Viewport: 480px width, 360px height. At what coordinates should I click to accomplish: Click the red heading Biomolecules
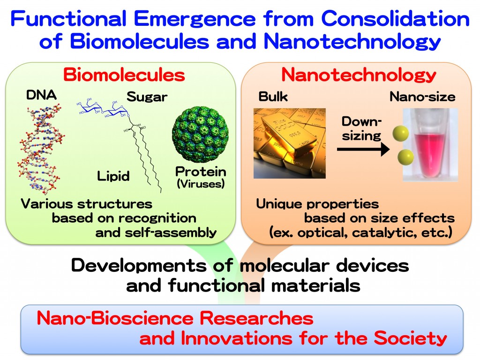click(x=124, y=75)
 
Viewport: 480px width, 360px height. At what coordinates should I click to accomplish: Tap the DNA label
click(x=41, y=95)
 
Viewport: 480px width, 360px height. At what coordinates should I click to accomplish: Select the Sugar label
click(x=147, y=97)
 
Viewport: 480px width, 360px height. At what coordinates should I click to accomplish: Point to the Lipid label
click(x=113, y=176)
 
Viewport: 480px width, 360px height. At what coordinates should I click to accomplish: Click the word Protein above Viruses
click(x=201, y=172)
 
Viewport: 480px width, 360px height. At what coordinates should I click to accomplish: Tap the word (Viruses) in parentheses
click(x=201, y=184)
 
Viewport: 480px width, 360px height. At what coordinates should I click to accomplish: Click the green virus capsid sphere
click(x=201, y=134)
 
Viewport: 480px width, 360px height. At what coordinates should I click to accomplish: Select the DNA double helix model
click(x=41, y=150)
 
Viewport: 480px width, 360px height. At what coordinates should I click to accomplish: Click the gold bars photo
click(x=290, y=143)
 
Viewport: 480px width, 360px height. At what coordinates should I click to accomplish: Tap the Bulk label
click(x=273, y=97)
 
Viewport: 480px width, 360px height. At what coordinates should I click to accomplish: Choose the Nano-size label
click(x=422, y=97)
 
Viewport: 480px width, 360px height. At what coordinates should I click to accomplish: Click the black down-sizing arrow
click(x=363, y=150)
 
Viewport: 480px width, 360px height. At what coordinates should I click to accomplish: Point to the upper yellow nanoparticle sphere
click(x=401, y=134)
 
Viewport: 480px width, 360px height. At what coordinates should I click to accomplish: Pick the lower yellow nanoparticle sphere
click(x=405, y=157)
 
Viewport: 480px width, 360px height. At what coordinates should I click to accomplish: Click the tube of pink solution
click(x=430, y=145)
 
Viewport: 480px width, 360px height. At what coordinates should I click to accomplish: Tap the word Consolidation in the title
click(x=395, y=18)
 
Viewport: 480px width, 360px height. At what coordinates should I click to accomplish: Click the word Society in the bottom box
click(x=411, y=338)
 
